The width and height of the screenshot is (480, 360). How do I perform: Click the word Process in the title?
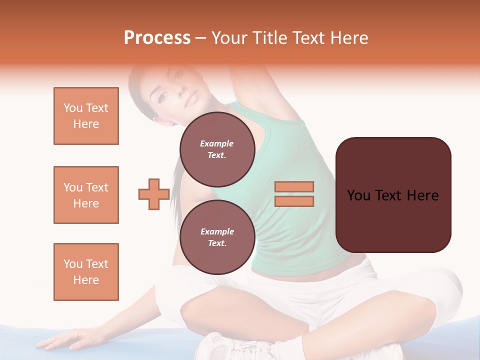157,38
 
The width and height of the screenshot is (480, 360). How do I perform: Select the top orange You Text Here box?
86,116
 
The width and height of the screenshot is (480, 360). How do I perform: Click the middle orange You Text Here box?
86,195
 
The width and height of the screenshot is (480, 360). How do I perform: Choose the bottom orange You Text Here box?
86,272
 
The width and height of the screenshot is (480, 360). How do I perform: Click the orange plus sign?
153,194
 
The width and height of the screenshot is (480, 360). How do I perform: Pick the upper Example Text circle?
217,149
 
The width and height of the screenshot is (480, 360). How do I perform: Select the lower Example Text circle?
217,237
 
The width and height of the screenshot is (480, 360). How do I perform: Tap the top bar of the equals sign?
294,186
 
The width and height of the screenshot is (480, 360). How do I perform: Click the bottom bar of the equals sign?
294,201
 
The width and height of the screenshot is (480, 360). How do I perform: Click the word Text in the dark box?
392,195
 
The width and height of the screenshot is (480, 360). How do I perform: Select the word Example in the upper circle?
217,143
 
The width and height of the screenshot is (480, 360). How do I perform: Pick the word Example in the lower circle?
217,231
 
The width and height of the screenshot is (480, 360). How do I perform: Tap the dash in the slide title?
201,38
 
